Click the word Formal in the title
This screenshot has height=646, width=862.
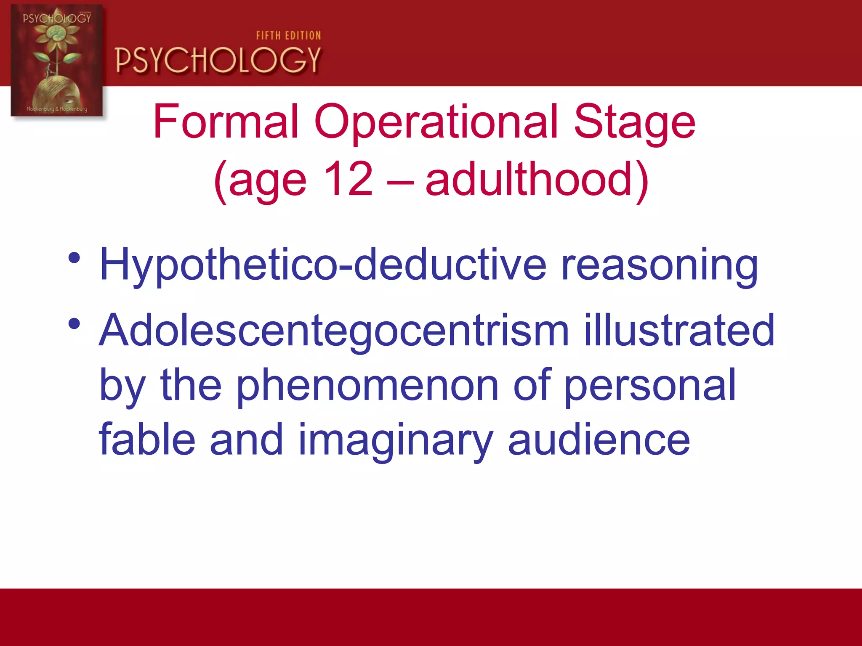coord(226,122)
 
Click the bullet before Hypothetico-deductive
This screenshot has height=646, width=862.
coord(74,258)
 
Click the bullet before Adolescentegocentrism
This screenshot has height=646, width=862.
coord(74,323)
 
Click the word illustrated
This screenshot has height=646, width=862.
coord(679,331)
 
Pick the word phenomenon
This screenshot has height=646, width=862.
coord(367,386)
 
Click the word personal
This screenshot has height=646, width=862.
coord(650,386)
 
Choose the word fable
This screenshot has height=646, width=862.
coord(147,440)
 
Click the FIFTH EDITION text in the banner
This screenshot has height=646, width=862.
coord(288,36)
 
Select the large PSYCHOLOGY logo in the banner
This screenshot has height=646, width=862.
coord(218,60)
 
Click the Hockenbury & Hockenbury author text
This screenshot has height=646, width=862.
coord(57,109)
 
